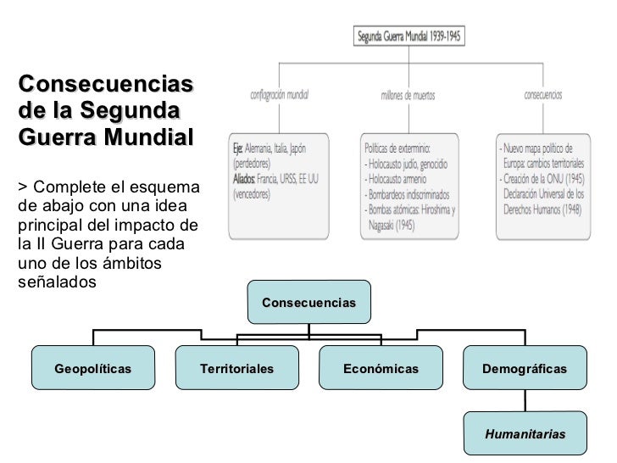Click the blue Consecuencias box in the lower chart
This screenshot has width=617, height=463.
point(309,302)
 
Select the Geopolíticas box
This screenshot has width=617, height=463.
point(93,369)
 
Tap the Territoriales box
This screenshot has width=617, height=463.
point(236,369)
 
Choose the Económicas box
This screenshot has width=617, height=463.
point(381,369)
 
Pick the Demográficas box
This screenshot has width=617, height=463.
point(525,369)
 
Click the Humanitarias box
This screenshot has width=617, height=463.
point(525,433)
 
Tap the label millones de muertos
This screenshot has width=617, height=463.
point(409,95)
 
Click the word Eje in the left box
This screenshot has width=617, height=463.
point(240,148)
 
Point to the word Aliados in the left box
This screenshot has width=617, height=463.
point(247,179)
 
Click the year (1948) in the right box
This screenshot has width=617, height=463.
point(565,208)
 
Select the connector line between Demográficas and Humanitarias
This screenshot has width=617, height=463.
point(525,400)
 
